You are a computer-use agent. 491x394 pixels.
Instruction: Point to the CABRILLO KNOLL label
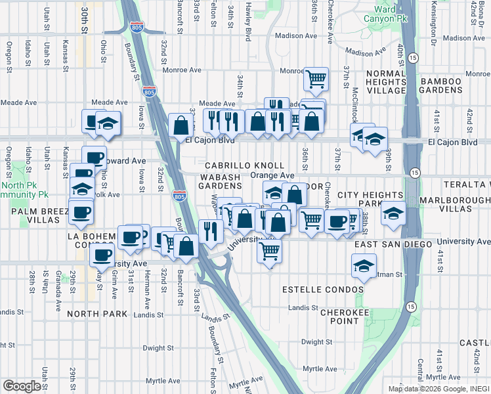pyautogui.click(x=244, y=166)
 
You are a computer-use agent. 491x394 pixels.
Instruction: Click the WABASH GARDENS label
pyautogui.click(x=221, y=181)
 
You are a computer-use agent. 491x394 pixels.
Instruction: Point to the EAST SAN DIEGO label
pyautogui.click(x=391, y=244)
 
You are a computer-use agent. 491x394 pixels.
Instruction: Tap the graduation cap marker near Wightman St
pyautogui.click(x=363, y=266)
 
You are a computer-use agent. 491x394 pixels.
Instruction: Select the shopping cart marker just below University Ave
pyautogui.click(x=269, y=250)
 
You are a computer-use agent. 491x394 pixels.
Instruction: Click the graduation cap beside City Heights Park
pyautogui.click(x=393, y=215)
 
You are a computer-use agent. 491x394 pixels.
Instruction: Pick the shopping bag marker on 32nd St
pyautogui.click(x=181, y=125)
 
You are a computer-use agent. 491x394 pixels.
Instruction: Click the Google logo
pyautogui.click(x=22, y=385)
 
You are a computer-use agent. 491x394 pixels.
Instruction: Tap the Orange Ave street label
pyautogui.click(x=272, y=176)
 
